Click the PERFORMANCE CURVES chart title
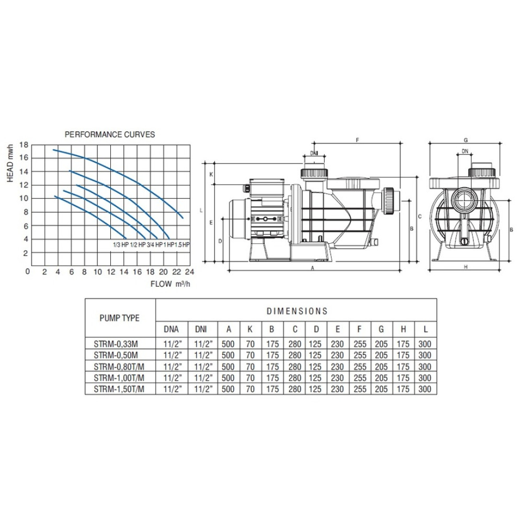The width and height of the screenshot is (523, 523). tap(110, 134)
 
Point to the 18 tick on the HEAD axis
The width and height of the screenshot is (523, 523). tap(24, 145)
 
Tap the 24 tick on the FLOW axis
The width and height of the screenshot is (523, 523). tap(189, 272)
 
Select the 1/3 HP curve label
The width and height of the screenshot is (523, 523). tap(121, 245)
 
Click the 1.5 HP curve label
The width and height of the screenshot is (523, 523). tap(182, 245)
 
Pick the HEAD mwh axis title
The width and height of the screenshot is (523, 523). tap(10, 163)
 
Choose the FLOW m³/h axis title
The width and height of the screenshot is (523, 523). tap(170, 284)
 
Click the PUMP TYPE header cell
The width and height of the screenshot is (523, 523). tap(119, 318)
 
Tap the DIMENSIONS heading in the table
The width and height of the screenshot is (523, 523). tap(297, 311)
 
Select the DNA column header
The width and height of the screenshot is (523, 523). tap(171, 329)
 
